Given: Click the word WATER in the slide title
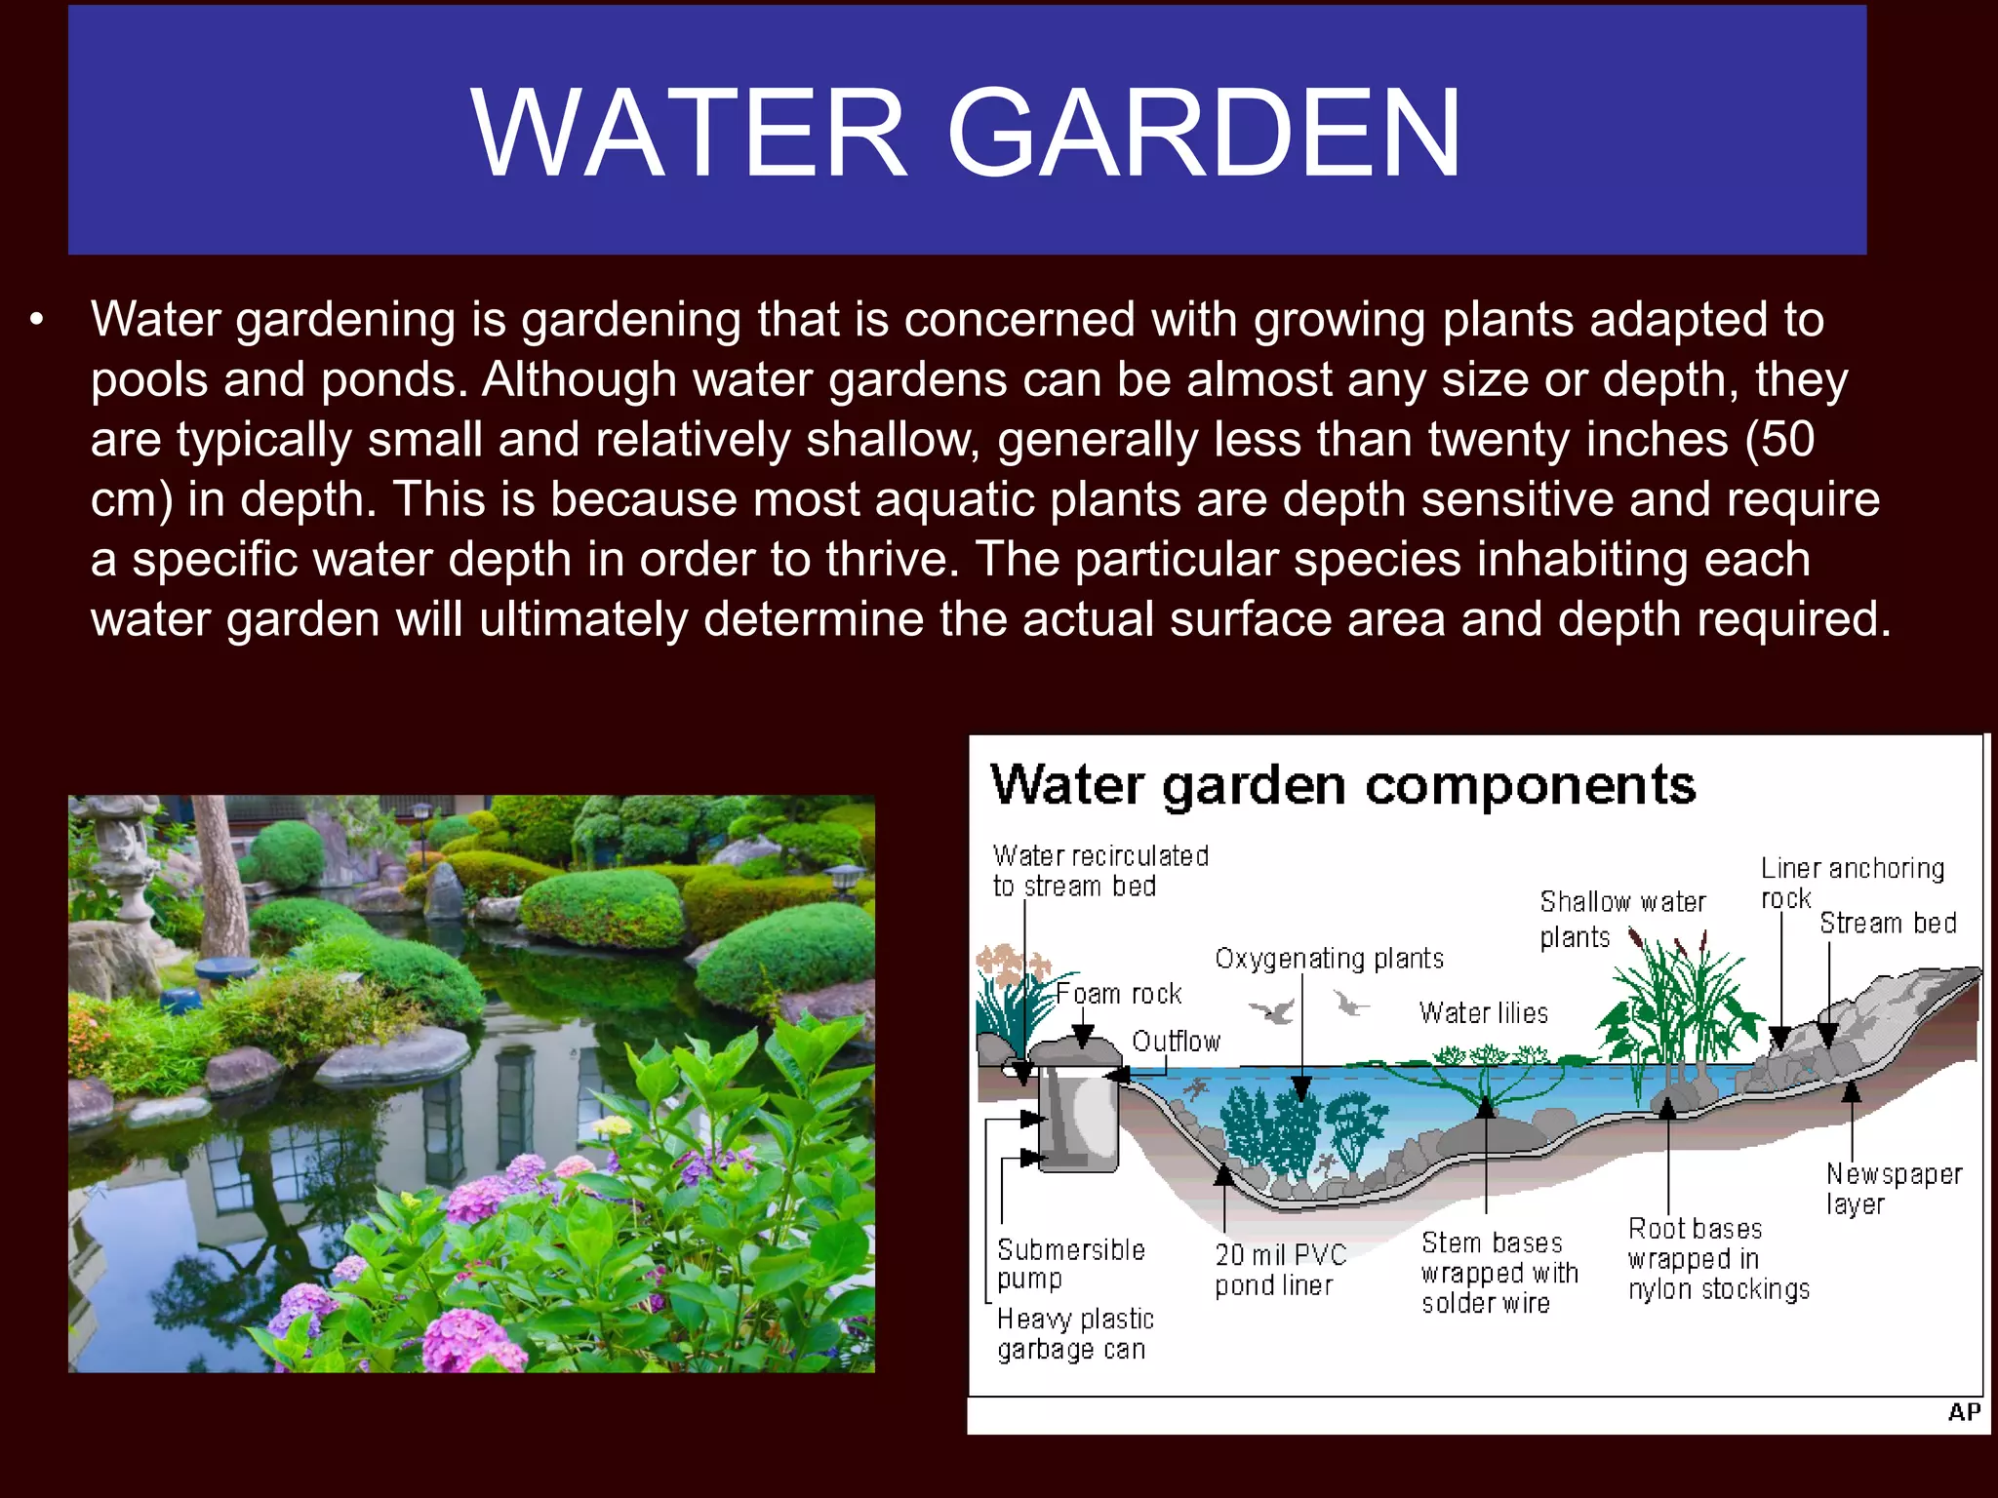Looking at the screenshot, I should pos(689,134).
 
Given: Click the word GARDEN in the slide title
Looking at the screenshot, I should pos(1204,134).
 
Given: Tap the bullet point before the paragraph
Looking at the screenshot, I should pos(37,320).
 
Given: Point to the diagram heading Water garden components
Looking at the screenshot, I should pos(1342,785).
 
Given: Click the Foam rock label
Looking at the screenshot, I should pos(1118,994).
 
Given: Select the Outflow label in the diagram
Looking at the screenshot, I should pos(1176,1042).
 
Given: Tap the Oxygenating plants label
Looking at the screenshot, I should pos(1329,959).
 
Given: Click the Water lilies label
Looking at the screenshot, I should pos(1483,1013).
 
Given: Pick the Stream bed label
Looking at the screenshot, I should pos(1887,923).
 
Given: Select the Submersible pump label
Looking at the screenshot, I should pos(1069,1263).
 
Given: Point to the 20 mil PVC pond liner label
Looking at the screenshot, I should pos(1279,1269).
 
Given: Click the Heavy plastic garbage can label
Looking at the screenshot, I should pos(1074,1333).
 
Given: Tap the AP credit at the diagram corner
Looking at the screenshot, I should pos(1963,1412).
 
